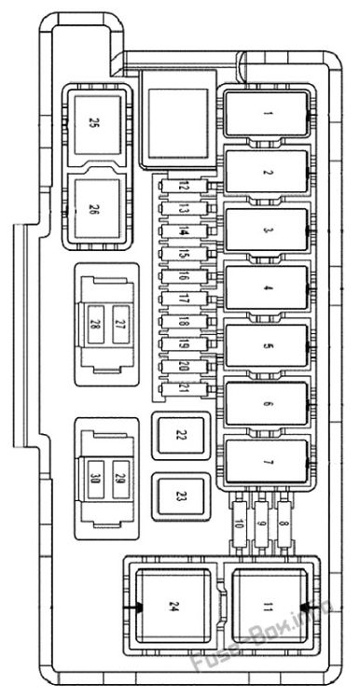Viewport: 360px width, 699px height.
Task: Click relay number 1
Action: [x=267, y=114]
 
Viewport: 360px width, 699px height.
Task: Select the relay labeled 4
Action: [x=267, y=287]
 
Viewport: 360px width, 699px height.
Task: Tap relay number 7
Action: [x=267, y=461]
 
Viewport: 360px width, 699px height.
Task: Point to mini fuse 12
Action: [x=185, y=187]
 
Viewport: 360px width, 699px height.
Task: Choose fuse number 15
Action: [x=185, y=254]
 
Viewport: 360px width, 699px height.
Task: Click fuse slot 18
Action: [x=185, y=322]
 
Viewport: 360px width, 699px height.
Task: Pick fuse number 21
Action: [x=185, y=389]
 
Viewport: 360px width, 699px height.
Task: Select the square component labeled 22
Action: [x=180, y=436]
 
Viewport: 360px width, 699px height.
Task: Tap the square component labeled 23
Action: [x=180, y=497]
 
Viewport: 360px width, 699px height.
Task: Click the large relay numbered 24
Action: [x=173, y=607]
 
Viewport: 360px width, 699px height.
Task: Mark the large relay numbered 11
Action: [x=270, y=607]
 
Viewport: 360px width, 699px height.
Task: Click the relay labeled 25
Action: [x=98, y=124]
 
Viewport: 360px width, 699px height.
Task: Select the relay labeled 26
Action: [x=98, y=209]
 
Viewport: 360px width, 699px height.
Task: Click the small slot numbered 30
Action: [x=96, y=480]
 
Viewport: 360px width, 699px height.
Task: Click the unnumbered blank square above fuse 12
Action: [x=178, y=122]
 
